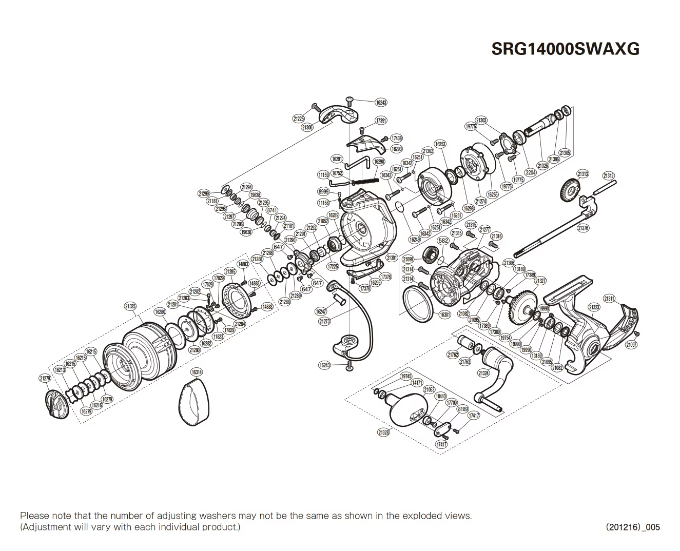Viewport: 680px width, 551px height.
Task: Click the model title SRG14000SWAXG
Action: coord(566,48)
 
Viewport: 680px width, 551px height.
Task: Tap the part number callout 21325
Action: coord(130,306)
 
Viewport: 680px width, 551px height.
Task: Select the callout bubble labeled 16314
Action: coord(197,372)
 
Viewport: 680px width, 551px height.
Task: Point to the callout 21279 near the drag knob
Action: coord(45,378)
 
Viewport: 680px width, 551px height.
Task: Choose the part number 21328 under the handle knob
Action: coord(383,432)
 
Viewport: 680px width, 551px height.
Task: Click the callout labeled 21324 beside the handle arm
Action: coord(483,373)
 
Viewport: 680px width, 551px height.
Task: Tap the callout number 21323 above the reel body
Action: coord(594,307)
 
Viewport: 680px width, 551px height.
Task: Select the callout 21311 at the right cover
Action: coord(609,298)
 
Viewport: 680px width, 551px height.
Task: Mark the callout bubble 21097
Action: coord(631,345)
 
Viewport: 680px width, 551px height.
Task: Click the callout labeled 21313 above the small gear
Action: coord(582,174)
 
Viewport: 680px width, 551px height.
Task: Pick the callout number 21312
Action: coord(609,176)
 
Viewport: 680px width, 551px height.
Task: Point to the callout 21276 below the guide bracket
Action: coord(583,228)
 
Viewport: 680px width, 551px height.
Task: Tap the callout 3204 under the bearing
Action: coord(531,172)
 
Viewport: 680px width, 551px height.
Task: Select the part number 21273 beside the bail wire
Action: coord(324,321)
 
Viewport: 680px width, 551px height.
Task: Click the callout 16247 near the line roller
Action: coord(321,311)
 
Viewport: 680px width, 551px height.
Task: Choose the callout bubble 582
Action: coord(443,240)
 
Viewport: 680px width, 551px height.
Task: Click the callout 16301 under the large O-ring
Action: coord(445,314)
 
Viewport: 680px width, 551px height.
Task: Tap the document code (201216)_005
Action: coord(633,527)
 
